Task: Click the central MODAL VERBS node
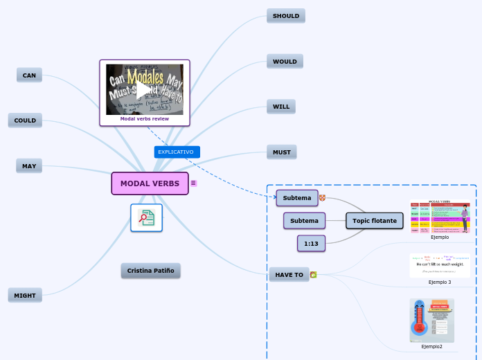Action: [150, 183]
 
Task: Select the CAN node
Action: [29, 75]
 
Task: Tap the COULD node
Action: [25, 120]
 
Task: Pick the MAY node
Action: [29, 166]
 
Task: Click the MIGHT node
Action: [25, 296]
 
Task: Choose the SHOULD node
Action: [285, 16]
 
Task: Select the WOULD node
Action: [285, 62]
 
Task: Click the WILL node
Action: [281, 107]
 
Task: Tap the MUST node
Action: [281, 152]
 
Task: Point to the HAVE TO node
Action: [289, 275]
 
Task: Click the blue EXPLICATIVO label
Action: [177, 152]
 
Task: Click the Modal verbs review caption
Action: [144, 119]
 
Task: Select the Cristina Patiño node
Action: [150, 271]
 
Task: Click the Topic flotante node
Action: [375, 221]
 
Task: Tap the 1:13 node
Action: [311, 244]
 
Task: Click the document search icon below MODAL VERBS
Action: [146, 218]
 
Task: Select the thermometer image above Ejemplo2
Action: [431, 321]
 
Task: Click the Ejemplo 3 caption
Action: [439, 282]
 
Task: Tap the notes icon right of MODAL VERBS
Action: [194, 183]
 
